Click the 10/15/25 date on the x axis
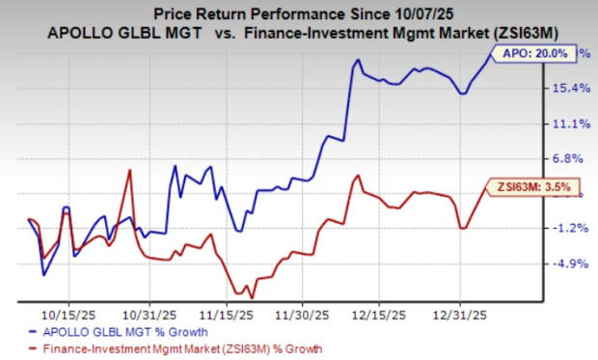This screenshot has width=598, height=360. click(x=70, y=314)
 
